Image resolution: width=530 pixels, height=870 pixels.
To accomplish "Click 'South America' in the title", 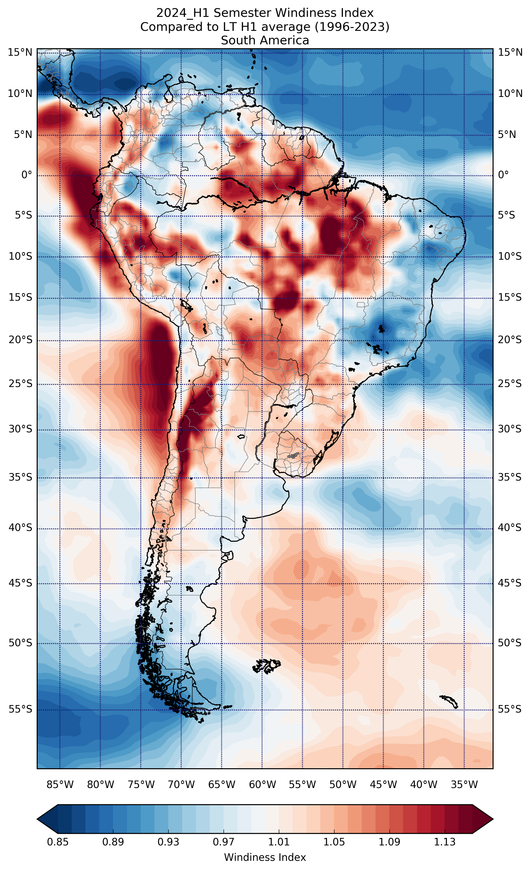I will (x=265, y=41).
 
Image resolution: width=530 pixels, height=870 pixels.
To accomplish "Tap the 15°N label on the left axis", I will (x=20, y=53).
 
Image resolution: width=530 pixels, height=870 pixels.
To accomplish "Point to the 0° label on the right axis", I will (x=503, y=175).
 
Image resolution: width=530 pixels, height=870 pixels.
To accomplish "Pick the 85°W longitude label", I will (x=60, y=785).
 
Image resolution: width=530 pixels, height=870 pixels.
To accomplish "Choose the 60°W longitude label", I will (x=262, y=785).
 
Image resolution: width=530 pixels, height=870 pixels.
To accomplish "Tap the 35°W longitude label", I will (x=464, y=785).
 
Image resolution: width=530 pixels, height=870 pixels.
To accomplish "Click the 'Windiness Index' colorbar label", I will (x=265, y=857).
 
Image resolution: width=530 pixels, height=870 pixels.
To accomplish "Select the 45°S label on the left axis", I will (x=20, y=583).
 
